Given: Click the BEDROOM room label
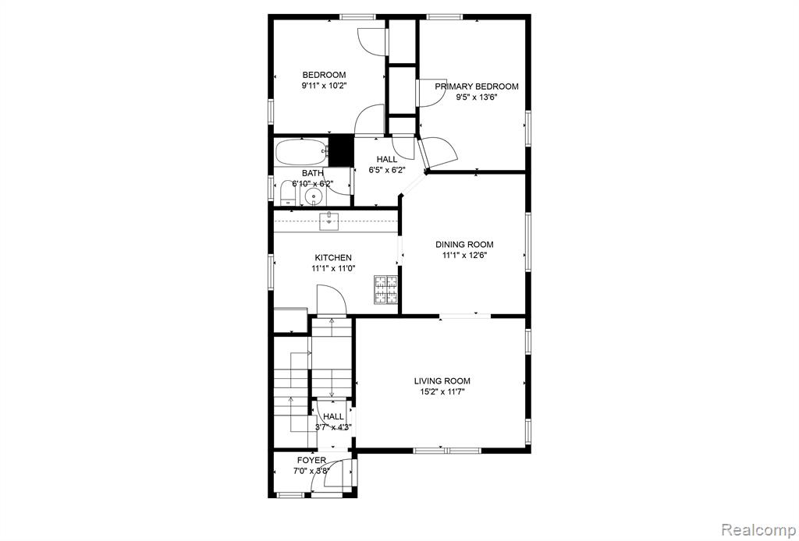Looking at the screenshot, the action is pyautogui.click(x=324, y=75).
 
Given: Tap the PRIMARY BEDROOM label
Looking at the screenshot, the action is pyautogui.click(x=477, y=87).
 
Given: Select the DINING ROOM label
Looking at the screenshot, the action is pyautogui.click(x=464, y=244).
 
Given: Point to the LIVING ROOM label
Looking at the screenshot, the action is pyautogui.click(x=442, y=380).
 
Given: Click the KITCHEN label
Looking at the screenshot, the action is pyautogui.click(x=333, y=258).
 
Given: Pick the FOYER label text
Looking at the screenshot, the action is pyautogui.click(x=312, y=461).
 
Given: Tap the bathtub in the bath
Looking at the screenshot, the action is pyautogui.click(x=300, y=152).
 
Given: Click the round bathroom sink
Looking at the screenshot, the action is pyautogui.click(x=312, y=196).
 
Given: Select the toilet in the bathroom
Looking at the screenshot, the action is pyautogui.click(x=286, y=194).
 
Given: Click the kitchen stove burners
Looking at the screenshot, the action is pyautogui.click(x=385, y=289).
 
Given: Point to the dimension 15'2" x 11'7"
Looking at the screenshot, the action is pyautogui.click(x=442, y=392).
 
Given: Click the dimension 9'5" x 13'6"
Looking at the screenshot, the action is pyautogui.click(x=477, y=97).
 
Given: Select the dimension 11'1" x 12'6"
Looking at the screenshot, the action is pyautogui.click(x=464, y=256).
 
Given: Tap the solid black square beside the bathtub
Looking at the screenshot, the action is pyautogui.click(x=341, y=150).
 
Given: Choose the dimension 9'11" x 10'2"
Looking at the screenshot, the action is pyautogui.click(x=324, y=86).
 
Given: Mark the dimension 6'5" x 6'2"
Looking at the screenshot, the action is pyautogui.click(x=387, y=170).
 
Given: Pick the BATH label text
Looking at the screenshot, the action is pyautogui.click(x=312, y=173).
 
